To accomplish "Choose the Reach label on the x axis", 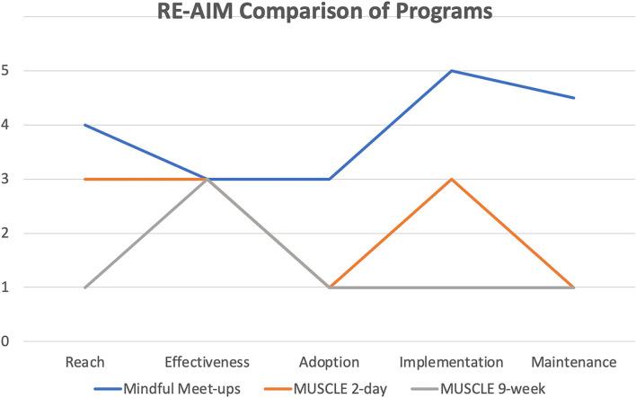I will click(85, 362).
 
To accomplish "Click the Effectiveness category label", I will click(208, 362).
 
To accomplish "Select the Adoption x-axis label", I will click(329, 362).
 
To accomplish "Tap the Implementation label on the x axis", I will click(450, 362).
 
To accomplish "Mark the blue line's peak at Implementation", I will click(451, 71).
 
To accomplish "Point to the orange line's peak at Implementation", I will click(451, 179).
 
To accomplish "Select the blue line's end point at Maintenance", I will click(572, 98).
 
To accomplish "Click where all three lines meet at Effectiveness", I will click(208, 179).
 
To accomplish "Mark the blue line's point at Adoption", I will click(330, 179).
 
